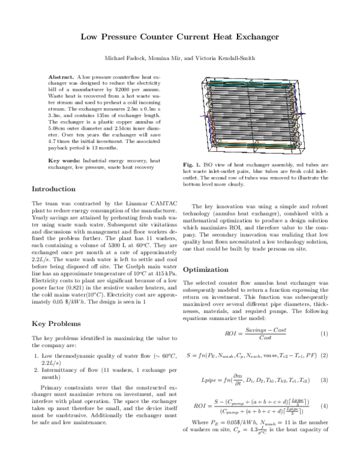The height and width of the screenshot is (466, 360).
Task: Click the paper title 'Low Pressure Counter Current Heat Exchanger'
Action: pos(180,37)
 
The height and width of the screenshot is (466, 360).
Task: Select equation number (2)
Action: pos(323,356)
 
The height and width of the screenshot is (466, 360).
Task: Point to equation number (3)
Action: pos(323,381)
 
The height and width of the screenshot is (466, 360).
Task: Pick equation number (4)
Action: pos(323,407)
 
